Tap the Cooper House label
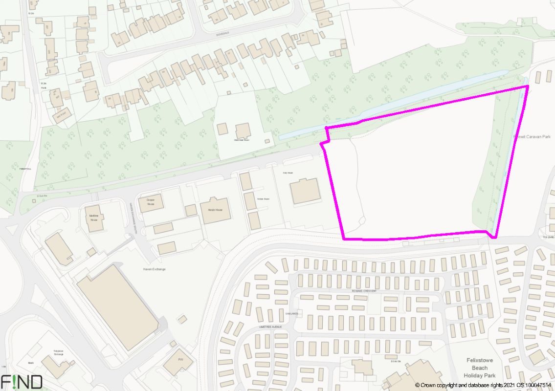pyautogui.click(x=151, y=202)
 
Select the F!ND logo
pyautogui.click(x=22, y=382)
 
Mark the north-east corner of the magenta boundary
pyautogui.click(x=528, y=87)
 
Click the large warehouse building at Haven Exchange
pyautogui.click(x=118, y=307)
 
